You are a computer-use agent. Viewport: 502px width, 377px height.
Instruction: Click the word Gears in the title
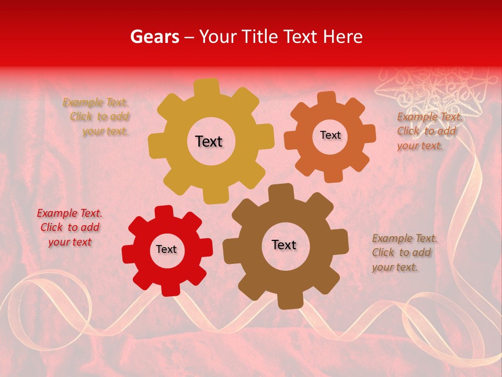pyautogui.click(x=154, y=37)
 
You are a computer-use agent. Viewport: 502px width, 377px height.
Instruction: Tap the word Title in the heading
pyautogui.click(x=260, y=37)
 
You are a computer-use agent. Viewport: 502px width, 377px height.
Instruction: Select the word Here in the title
pyautogui.click(x=343, y=37)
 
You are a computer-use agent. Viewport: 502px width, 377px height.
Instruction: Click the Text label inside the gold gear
pyautogui.click(x=209, y=141)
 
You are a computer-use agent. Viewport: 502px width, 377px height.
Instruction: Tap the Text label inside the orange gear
pyautogui.click(x=330, y=135)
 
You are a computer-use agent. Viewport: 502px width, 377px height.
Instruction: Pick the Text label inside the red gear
pyautogui.click(x=166, y=250)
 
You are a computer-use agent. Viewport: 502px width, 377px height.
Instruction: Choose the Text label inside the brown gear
pyautogui.click(x=284, y=245)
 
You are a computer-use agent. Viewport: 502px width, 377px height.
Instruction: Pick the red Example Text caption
pyautogui.click(x=70, y=227)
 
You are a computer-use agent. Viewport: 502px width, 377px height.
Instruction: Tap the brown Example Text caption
pyautogui.click(x=404, y=252)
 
